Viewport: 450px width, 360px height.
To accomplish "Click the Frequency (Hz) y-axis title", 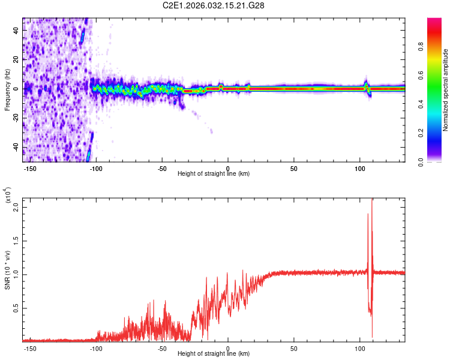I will coord(7,89).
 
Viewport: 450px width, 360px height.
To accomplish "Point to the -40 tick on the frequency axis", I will coord(15,147).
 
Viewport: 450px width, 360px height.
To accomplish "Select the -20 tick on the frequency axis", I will coord(15,118).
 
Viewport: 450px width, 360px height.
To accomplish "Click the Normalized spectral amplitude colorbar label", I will coord(446,90).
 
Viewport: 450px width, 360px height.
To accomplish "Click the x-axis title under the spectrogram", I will coord(214,173).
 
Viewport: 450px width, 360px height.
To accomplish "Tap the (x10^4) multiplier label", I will coord(7,196).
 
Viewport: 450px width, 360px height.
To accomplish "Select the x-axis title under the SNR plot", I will coord(214,354).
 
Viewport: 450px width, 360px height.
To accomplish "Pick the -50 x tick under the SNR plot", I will coord(161,348).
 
